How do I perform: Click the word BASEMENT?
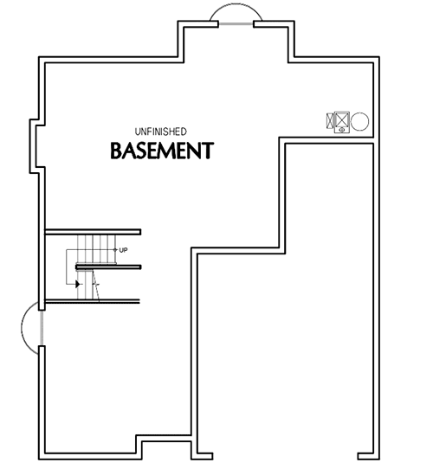coord(161,151)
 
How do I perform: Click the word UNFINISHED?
coord(160,131)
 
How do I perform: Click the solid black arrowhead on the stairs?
coord(78,284)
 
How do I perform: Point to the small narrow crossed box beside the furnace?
coord(329,121)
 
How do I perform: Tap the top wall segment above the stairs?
coord(93,232)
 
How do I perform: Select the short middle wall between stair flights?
coord(108,267)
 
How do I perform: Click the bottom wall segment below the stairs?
coord(93,301)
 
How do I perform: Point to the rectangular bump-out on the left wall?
coord(36,142)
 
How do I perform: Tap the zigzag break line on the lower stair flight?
coord(98,287)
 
